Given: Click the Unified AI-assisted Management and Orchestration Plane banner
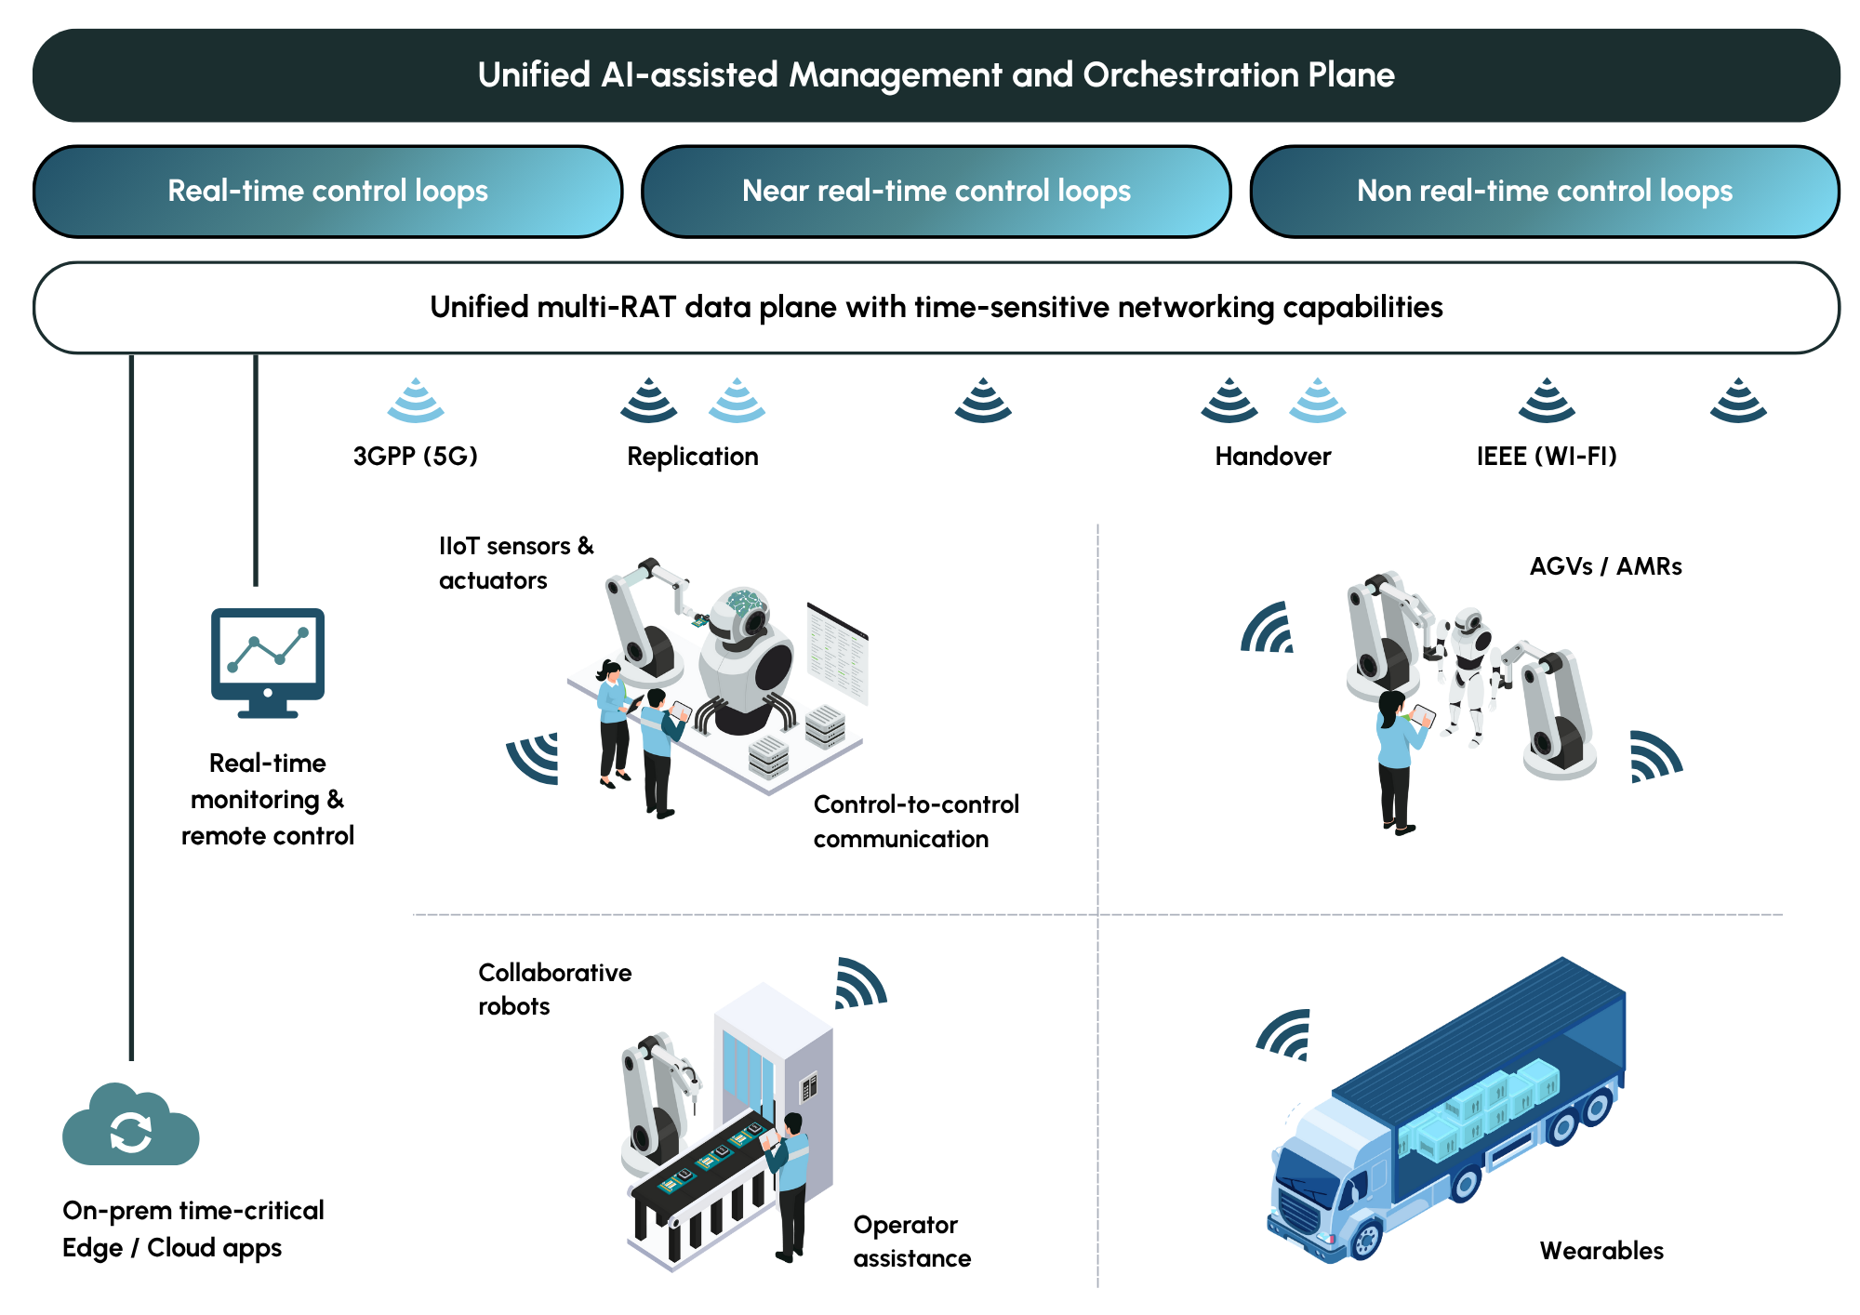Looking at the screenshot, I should click(936, 75).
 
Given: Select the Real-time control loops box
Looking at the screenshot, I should click(327, 192).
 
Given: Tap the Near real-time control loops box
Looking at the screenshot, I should click(936, 192).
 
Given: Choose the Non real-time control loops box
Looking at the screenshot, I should click(1544, 192).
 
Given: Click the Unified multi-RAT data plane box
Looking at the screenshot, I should click(936, 308).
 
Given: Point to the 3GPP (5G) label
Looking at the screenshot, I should click(415, 457).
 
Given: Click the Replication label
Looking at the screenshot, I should click(693, 457).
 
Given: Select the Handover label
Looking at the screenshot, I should click(1272, 457).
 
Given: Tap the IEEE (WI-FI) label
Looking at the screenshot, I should click(1547, 457).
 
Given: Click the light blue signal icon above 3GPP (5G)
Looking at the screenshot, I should click(416, 401).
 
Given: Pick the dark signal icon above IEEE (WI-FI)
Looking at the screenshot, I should click(1547, 401).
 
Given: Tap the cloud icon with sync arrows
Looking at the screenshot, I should click(130, 1127).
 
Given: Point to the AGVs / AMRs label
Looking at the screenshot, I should click(1605, 566).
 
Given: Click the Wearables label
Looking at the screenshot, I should click(1601, 1251).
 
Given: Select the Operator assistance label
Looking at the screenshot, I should click(911, 1242).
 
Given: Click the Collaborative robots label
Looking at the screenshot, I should click(554, 990).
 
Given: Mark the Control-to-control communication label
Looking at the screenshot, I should click(916, 821).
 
